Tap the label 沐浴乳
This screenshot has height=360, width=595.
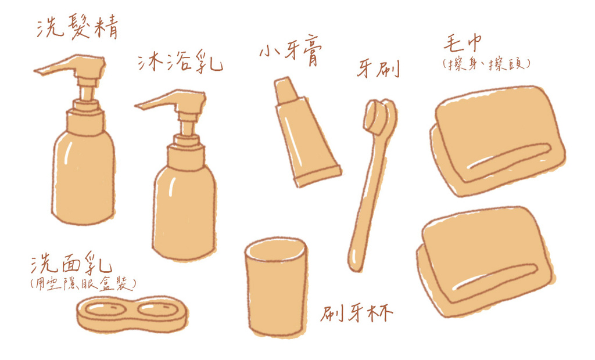[x=180, y=62]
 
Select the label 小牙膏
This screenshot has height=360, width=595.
[x=291, y=52]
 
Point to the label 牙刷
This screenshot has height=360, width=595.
[x=378, y=69]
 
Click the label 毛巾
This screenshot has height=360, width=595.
[x=463, y=43]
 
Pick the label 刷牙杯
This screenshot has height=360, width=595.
[x=356, y=312]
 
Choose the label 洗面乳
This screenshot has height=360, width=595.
[x=71, y=262]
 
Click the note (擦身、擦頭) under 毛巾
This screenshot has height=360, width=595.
[x=486, y=64]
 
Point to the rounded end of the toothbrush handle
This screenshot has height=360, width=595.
[x=355, y=262]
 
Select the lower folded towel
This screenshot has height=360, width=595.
[x=486, y=262]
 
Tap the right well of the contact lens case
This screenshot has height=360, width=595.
[x=158, y=309]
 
